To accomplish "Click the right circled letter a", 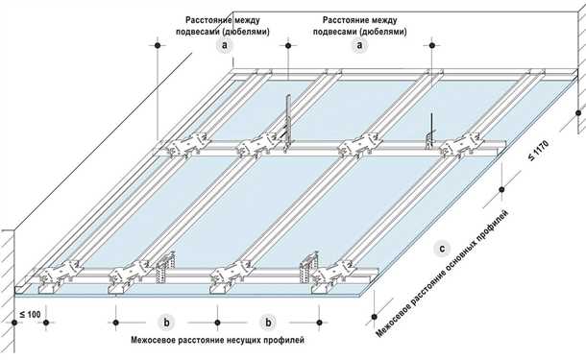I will click(x=361, y=45).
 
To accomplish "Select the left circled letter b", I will click(x=167, y=323).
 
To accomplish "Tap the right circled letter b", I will click(x=269, y=323).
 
